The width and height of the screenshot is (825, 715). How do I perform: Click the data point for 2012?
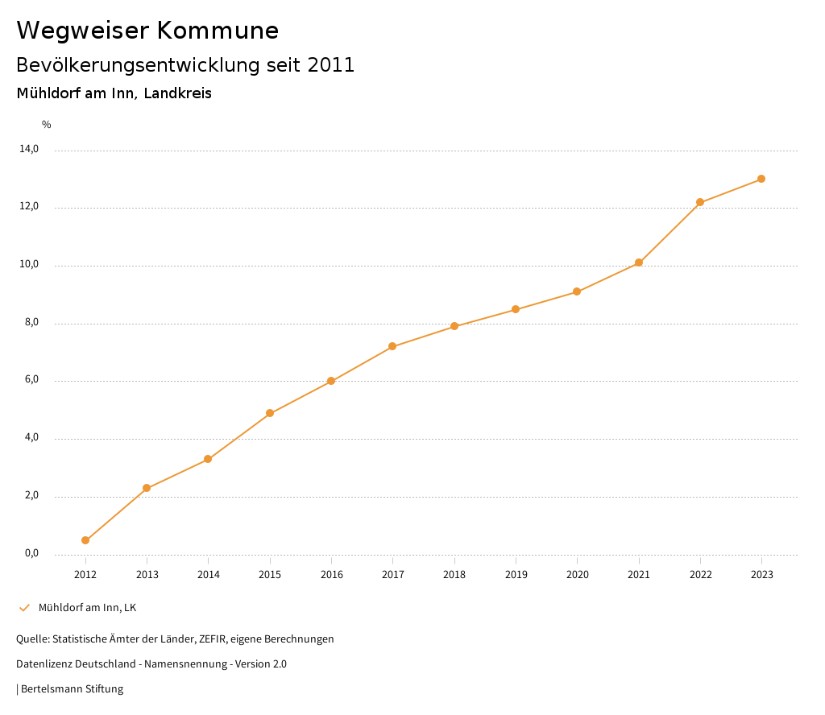(85, 540)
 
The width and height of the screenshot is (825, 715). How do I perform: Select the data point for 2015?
(270, 413)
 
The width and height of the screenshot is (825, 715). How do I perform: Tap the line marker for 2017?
(392, 346)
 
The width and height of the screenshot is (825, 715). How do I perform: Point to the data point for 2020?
(577, 291)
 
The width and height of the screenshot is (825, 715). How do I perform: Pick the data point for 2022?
(700, 202)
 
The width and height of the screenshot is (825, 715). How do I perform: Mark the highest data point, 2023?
(761, 179)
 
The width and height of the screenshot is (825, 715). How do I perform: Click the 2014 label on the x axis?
(209, 574)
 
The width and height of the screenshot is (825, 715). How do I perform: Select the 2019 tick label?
(516, 574)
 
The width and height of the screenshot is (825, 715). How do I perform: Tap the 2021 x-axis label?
(639, 574)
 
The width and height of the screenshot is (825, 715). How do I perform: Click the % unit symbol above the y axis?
(47, 124)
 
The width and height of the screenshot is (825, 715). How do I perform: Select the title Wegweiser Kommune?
(147, 30)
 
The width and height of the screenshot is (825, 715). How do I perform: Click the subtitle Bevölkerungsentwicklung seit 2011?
(185, 65)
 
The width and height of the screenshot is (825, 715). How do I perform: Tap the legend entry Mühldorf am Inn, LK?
(87, 607)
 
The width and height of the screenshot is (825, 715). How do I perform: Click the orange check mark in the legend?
(24, 607)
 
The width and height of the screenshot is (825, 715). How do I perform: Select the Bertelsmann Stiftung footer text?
(72, 688)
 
